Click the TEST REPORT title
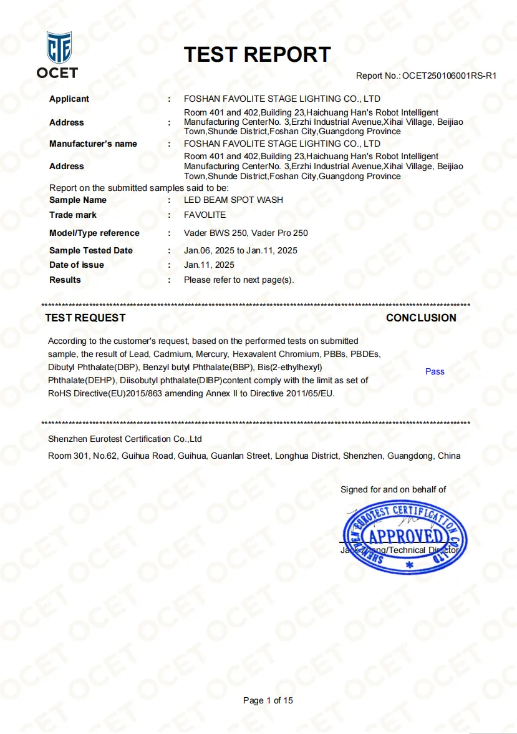pos(257,54)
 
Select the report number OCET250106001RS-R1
pos(449,76)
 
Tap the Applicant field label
pos(69,99)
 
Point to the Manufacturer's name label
pos(93,144)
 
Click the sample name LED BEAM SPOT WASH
pos(233,200)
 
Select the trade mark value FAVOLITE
pos(205,215)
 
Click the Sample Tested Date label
pos(91,250)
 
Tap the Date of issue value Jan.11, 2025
pos(209,265)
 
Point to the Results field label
pos(65,280)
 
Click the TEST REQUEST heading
pos(85,318)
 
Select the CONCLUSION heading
pos(421,318)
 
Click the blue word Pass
pos(435,371)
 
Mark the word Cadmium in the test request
pos(170,353)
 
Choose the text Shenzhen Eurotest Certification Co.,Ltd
pos(125,439)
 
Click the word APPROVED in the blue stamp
pos(405,536)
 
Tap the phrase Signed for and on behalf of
pos(393,489)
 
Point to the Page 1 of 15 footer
pos(268,700)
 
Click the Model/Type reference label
pos(94,233)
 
